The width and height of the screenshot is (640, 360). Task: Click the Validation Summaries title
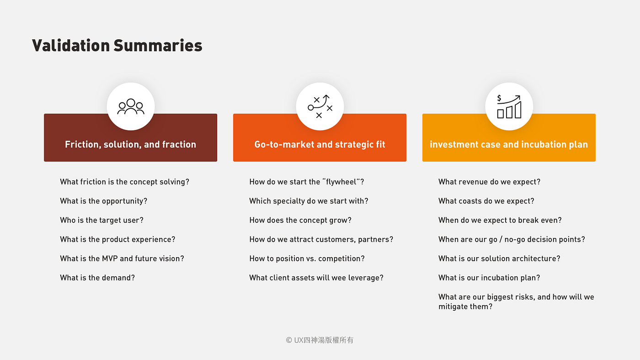pyautogui.click(x=117, y=46)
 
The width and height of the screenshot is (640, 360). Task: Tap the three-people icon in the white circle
pyautogui.click(x=131, y=106)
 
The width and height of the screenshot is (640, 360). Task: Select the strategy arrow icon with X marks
pyautogui.click(x=320, y=106)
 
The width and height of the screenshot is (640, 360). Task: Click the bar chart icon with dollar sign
pyautogui.click(x=509, y=106)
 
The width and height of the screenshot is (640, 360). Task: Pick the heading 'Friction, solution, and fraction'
pyautogui.click(x=130, y=144)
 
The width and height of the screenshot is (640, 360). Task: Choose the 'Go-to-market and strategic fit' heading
pyautogui.click(x=320, y=144)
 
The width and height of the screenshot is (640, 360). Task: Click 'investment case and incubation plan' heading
pyautogui.click(x=509, y=144)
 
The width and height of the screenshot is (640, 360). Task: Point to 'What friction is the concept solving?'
pyautogui.click(x=124, y=182)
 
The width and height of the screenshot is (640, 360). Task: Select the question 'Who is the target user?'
pyautogui.click(x=101, y=220)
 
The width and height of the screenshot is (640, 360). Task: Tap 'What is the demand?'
pyautogui.click(x=97, y=278)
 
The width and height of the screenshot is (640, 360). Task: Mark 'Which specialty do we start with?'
pyautogui.click(x=309, y=201)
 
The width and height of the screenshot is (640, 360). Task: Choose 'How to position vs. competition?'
pyautogui.click(x=307, y=259)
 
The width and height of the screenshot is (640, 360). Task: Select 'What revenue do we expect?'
pyautogui.click(x=489, y=182)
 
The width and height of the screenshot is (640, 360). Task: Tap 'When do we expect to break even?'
pyautogui.click(x=500, y=220)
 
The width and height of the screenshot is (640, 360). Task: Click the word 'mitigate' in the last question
pyautogui.click(x=453, y=307)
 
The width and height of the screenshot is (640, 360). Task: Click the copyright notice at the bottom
pyautogui.click(x=320, y=340)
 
